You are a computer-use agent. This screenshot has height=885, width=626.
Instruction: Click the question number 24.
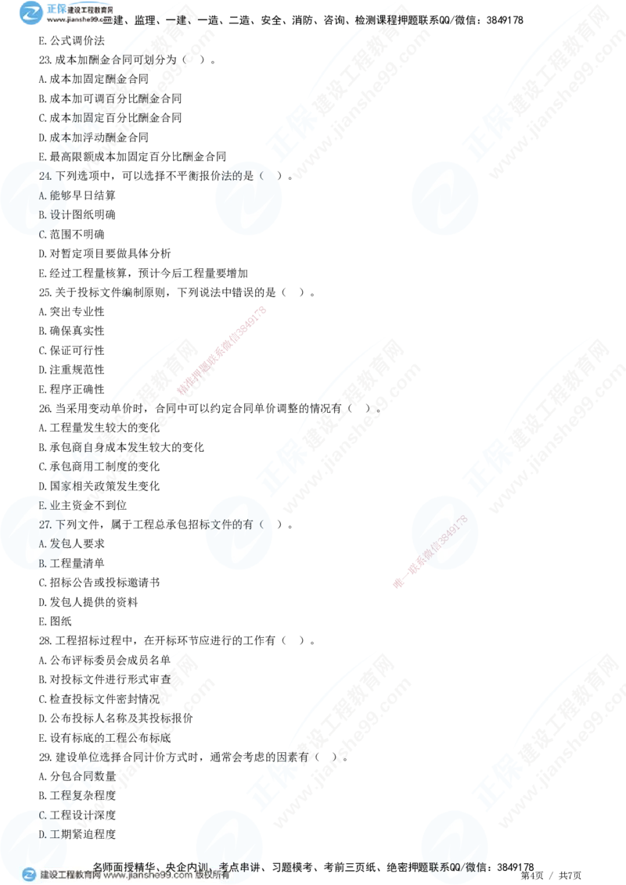pyautogui.click(x=46, y=177)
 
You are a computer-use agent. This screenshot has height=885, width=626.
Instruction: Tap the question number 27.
pyautogui.click(x=46, y=524)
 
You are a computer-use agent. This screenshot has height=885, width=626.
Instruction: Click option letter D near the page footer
pyautogui.click(x=44, y=835)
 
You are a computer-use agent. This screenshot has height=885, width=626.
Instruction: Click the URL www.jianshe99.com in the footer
pyautogui.click(x=148, y=876)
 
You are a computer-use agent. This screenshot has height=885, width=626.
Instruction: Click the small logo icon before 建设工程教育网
pyautogui.click(x=29, y=876)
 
